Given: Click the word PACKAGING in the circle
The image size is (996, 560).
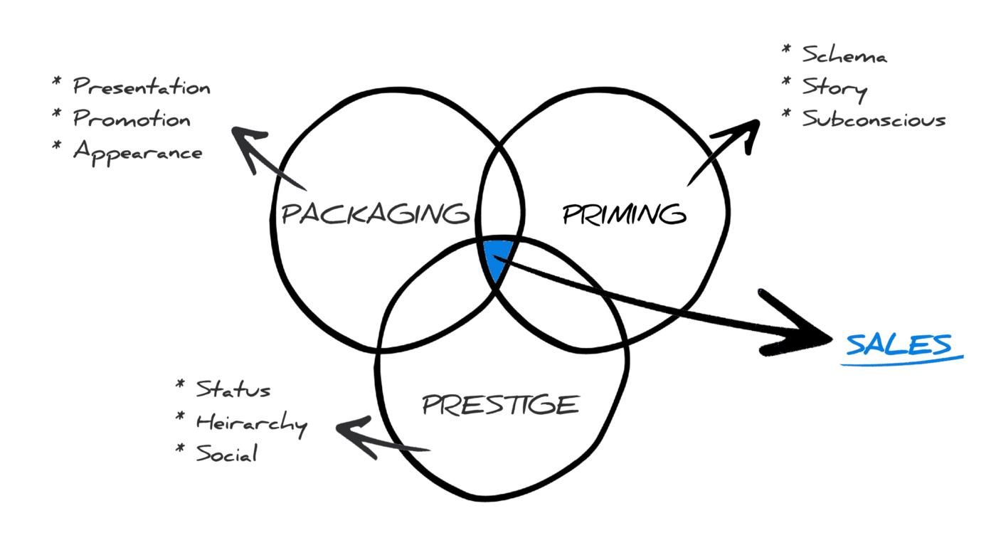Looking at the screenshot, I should click(376, 213).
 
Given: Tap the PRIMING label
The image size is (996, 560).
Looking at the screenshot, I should click(624, 213).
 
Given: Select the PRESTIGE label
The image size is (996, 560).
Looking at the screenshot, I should click(500, 405).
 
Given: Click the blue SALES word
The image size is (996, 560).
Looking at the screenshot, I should click(899, 344).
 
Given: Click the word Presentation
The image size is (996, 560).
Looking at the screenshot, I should click(142, 88).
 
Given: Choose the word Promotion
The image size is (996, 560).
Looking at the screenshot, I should click(132, 119).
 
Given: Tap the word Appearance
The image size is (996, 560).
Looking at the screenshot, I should click(137, 152).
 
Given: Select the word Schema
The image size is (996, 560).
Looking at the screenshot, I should click(844, 55).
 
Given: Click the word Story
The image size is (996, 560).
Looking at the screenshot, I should click(835, 88).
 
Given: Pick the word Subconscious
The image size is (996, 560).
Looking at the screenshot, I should click(874, 119).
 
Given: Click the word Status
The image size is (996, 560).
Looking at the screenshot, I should click(233, 390).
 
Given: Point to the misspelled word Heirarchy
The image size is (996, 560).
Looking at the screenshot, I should click(251, 423).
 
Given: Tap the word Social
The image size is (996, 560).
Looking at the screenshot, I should click(226, 453).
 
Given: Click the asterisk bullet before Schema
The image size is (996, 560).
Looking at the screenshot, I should click(786, 49).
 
